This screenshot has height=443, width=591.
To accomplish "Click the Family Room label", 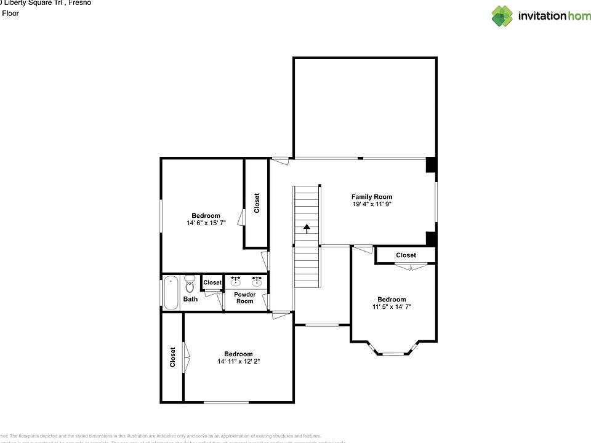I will pos(371,197).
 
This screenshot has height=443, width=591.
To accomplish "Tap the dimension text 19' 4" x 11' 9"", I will pos(371,204).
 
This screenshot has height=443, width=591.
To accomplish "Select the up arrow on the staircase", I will pos(307,229).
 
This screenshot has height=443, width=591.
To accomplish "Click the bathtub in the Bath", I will pos(171,293).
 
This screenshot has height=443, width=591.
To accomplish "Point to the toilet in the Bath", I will pos(190,284).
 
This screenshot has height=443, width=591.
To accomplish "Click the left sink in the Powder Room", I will pos(236,282).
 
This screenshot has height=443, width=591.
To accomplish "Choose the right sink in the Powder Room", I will pos(257,282).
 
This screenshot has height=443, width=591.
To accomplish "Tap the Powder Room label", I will pos(245,298).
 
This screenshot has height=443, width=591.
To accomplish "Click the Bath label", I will pos(190,299).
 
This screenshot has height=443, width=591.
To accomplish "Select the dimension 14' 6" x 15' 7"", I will pos(206,223).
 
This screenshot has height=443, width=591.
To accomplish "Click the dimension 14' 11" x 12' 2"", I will pos(238,361).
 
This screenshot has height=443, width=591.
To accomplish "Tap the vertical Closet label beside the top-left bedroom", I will pos(257,203).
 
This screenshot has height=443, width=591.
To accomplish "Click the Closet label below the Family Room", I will pos(406,255).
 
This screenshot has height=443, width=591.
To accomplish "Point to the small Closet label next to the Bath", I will pos(212,282).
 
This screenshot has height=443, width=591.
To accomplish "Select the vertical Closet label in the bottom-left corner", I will pos(172,357).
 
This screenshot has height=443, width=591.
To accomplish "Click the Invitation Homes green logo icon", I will pos(502,16).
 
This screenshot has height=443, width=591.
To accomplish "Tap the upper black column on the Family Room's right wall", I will pos(431,165).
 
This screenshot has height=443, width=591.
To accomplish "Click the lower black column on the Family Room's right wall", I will pos(431,238).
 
